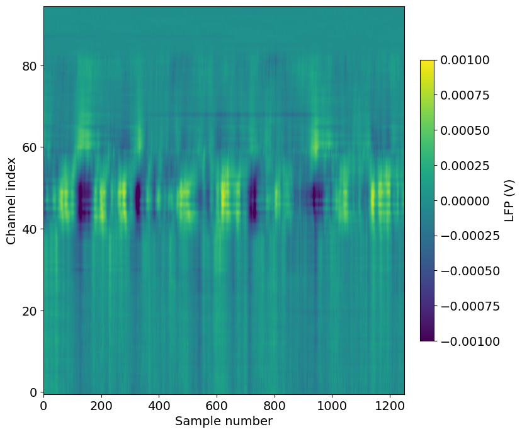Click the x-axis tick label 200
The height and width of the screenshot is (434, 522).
pos(101,406)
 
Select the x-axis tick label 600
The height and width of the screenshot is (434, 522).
pos(217,406)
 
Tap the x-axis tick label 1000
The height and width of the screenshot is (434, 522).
pos(332,406)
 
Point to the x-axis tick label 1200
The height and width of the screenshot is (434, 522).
pos(390,406)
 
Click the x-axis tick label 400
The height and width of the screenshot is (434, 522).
pos(159,406)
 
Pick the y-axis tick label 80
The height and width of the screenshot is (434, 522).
pos(30,66)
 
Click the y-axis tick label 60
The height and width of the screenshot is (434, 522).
pos(30,147)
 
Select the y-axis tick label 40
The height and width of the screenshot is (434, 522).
pos(30,229)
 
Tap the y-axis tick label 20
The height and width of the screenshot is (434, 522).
pos(30,311)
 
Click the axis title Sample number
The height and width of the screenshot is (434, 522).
pos(224,421)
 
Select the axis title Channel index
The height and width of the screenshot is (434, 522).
pos(11,201)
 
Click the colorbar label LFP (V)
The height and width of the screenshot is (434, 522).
pos(509,200)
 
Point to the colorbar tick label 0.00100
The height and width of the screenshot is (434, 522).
pos(465,60)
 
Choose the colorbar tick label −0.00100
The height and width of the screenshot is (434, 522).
pos(470,341)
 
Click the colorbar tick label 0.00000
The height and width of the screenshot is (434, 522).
pos(465,201)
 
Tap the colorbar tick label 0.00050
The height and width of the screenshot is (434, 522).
pos(465,130)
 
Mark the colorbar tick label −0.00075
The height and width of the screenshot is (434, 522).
pos(470,306)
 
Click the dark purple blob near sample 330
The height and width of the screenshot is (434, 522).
pos(137,197)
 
